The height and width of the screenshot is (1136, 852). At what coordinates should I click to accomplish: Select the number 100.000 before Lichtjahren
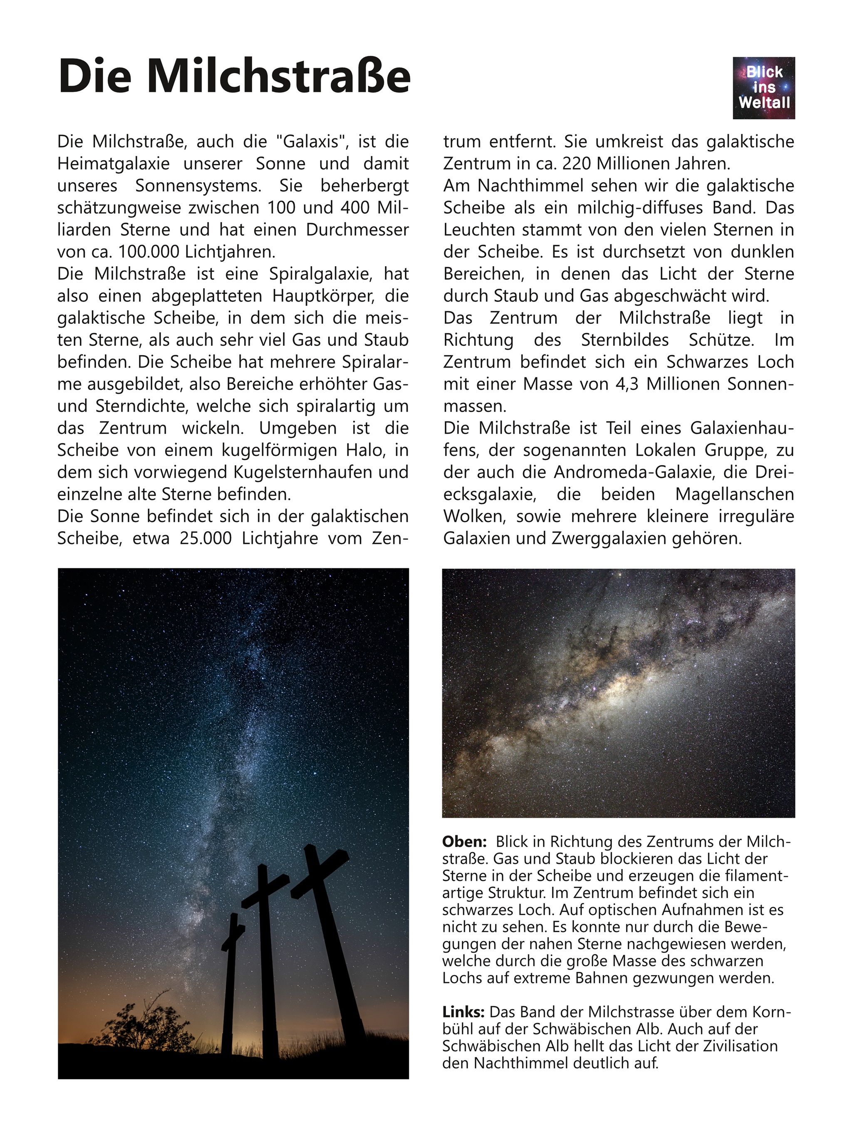(x=149, y=252)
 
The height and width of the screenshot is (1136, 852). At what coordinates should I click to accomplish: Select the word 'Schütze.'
(x=721, y=340)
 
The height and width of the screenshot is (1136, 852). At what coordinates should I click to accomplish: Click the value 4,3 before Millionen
(x=627, y=384)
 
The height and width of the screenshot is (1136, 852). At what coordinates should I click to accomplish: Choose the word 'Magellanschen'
(x=734, y=494)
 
